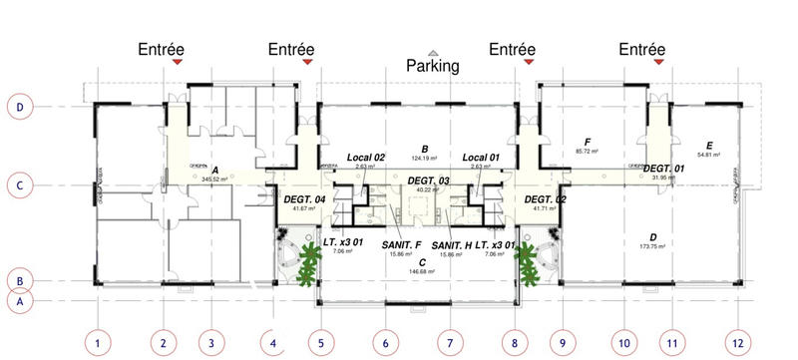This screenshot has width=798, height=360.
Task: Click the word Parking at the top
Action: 433,67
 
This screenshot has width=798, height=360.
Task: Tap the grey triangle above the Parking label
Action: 433,52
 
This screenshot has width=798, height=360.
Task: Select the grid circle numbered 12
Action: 736,344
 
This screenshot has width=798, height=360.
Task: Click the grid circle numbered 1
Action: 97,344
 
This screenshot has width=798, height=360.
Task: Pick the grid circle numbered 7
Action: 450,344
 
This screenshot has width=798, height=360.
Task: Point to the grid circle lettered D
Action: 21,105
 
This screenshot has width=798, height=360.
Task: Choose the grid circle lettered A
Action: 21,299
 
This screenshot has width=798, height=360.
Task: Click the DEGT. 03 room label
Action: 429,180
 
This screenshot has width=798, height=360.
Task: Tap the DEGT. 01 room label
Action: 663,169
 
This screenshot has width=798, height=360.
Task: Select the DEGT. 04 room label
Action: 306,198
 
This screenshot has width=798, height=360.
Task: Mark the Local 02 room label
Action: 366,158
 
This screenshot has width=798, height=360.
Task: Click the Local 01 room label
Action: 483,158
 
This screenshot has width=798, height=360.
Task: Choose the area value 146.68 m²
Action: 424,271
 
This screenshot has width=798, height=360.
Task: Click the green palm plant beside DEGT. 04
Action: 304,261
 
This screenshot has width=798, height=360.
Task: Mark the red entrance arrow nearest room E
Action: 656,63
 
